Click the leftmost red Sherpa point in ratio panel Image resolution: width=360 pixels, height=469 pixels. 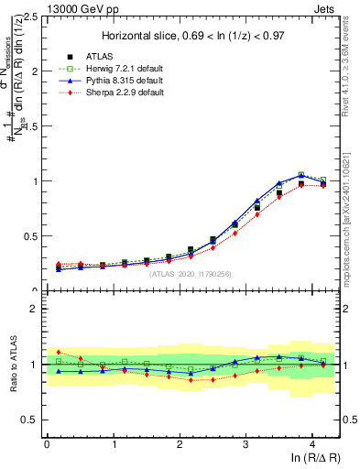pos(60,352)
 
